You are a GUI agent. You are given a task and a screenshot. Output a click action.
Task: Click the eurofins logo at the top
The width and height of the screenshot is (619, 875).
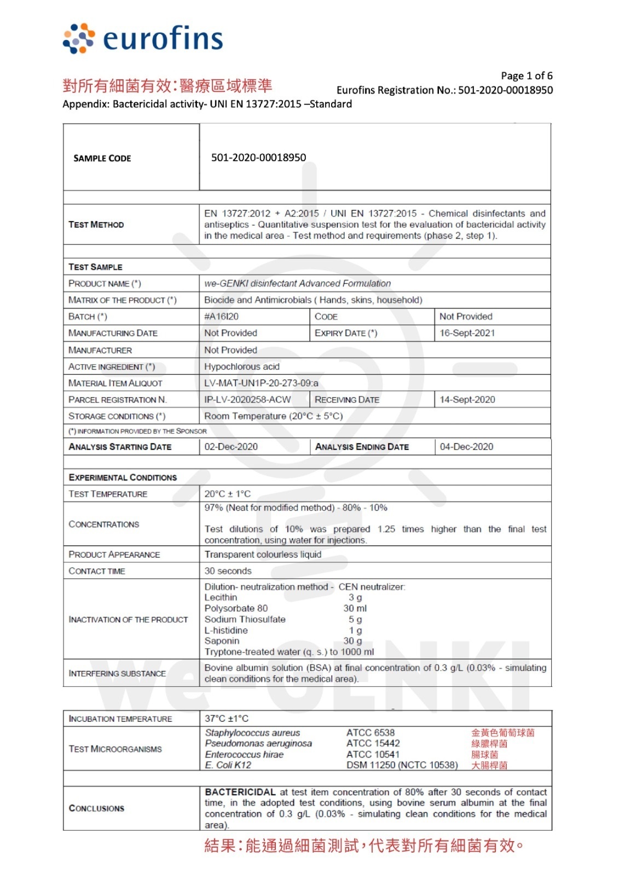pos(143,39)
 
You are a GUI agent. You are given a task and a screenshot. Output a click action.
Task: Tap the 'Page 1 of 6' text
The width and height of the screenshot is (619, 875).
pos(527,76)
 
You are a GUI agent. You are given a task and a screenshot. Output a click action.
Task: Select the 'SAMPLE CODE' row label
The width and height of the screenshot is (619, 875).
pos(102,159)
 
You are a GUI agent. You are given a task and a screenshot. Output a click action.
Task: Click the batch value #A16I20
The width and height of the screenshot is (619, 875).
pos(221,317)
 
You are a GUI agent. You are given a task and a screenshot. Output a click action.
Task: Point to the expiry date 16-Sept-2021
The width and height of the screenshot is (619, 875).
pos(467,333)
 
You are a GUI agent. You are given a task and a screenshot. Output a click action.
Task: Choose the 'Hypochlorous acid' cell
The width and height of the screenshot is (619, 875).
pos(242,366)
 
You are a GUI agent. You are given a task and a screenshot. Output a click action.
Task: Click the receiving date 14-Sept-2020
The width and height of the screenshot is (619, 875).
pos(467,400)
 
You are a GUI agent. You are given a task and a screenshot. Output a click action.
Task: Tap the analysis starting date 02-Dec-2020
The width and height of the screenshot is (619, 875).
pos(231,447)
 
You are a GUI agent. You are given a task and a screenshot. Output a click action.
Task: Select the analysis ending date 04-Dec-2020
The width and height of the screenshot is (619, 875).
pos(466,447)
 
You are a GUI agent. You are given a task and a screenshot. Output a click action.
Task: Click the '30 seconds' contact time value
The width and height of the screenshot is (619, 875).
pos(228,571)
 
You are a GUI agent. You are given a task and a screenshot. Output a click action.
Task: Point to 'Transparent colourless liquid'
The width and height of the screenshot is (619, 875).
pos(263,555)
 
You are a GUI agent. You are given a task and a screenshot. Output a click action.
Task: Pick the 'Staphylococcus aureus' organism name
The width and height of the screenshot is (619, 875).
pos(252,733)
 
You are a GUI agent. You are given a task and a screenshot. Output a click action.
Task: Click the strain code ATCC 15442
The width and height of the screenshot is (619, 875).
pos(373,743)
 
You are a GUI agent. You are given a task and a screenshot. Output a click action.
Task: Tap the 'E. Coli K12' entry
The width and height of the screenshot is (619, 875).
pos(228,765)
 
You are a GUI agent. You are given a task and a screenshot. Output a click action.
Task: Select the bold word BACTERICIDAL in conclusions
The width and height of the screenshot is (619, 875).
pos(240,792)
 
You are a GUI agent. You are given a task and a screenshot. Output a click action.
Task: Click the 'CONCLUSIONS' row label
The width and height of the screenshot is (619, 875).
pos(96,808)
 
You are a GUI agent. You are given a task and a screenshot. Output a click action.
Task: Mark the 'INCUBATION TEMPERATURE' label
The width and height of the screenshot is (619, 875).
pos(120,719)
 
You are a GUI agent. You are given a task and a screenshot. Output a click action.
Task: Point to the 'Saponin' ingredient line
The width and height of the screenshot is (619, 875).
pos(222,641)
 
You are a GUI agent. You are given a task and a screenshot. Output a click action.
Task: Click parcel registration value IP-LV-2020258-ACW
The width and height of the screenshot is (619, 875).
pos(247,400)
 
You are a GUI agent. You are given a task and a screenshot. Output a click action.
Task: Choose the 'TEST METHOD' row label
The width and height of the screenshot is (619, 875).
pos(96,225)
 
